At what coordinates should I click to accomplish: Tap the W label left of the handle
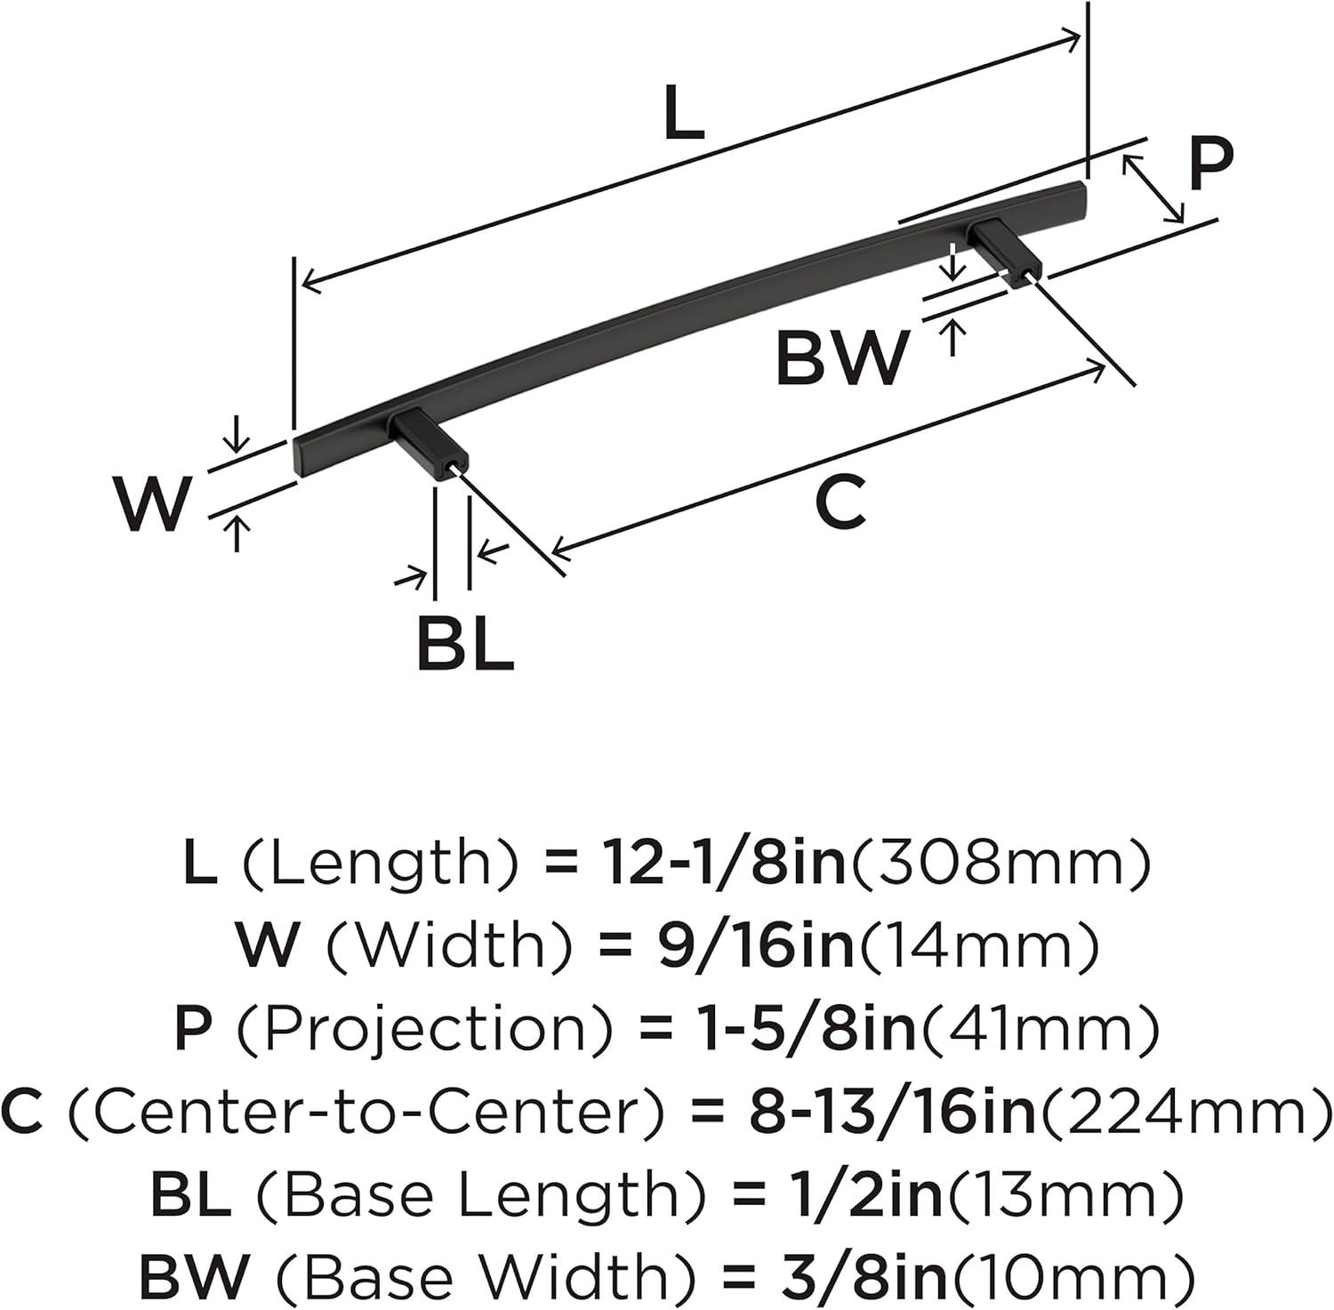point(153,504)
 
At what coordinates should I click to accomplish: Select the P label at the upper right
point(1210,165)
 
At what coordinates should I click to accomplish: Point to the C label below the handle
point(840,503)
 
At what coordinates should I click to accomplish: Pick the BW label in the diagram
point(842,358)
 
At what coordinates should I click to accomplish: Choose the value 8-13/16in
point(895,1113)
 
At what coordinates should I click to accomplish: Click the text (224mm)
point(1185,1113)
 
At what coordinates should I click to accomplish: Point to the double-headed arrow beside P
point(1153,188)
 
